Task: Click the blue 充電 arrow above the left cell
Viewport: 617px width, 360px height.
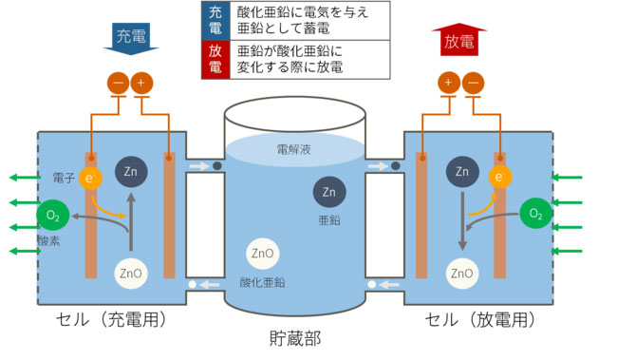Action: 131,38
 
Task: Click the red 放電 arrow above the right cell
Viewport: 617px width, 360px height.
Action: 460,41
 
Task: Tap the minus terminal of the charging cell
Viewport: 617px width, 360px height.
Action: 119,84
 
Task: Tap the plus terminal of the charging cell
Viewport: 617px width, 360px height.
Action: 141,84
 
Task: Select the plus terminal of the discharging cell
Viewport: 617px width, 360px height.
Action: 447,84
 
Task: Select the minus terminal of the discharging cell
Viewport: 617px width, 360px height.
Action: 471,84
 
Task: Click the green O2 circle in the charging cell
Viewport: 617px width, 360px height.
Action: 51,215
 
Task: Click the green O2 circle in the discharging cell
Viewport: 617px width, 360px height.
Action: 535,214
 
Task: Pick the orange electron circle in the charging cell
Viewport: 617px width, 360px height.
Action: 88,177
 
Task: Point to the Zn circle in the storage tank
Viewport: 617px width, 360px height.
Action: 328,193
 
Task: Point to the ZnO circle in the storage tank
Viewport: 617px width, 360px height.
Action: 261,255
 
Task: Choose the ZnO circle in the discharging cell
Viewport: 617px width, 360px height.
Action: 462,275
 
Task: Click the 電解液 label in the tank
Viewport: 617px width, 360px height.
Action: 294,148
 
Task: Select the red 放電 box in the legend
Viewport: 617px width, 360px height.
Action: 214,59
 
